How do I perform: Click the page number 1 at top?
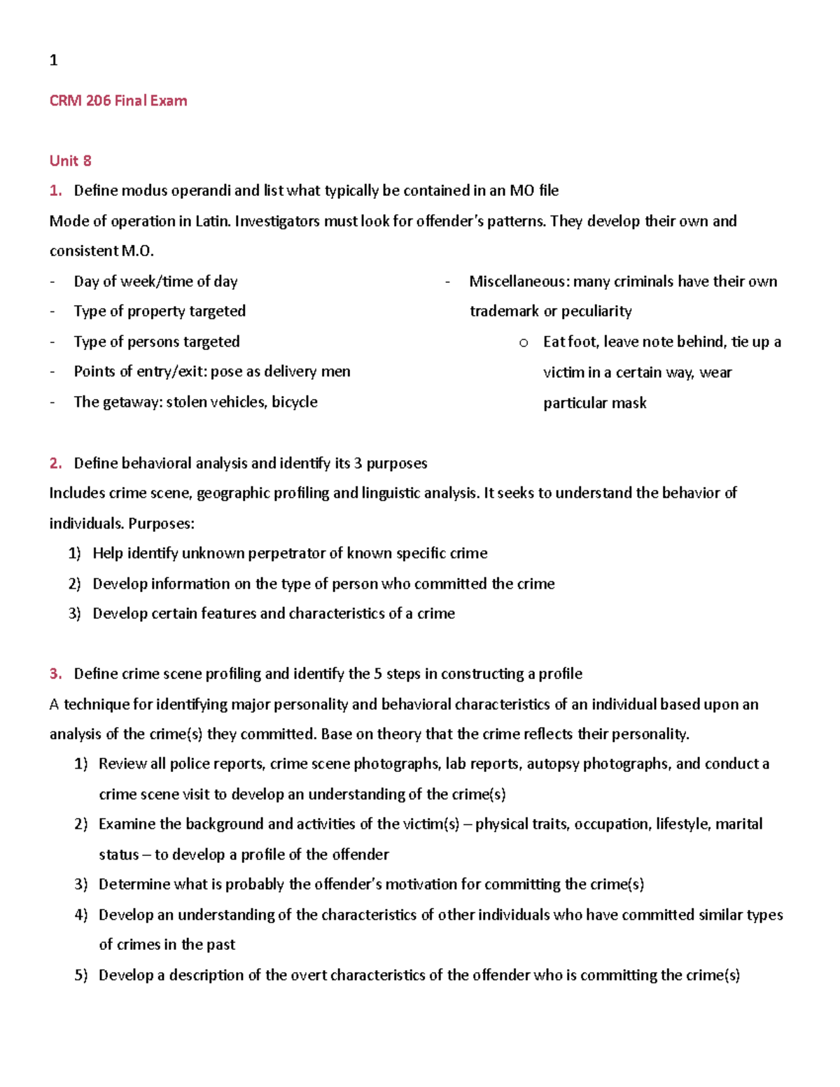[x=53, y=60]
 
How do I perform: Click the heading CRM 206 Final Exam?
[x=118, y=101]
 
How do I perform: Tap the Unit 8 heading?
[x=70, y=161]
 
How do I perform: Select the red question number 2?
[x=55, y=463]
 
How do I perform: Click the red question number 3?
[x=55, y=674]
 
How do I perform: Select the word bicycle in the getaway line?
[x=294, y=402]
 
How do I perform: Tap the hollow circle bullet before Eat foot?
[x=523, y=343]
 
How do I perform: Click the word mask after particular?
[x=630, y=403]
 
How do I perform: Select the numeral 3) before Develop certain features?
[x=75, y=614]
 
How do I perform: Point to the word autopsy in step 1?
[x=552, y=764]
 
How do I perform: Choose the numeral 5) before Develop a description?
[x=80, y=975]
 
